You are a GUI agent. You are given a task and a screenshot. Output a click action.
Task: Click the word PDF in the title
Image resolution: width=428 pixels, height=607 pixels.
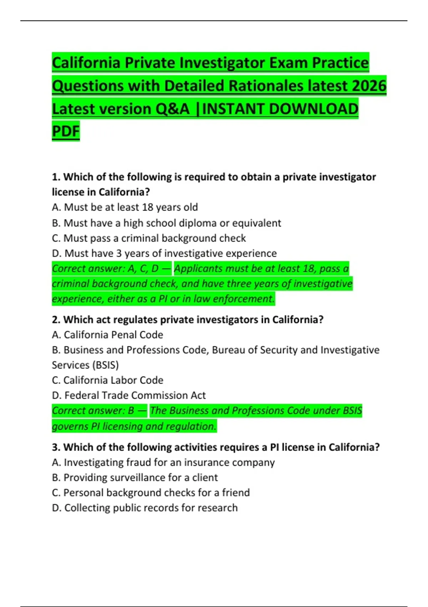[66, 131]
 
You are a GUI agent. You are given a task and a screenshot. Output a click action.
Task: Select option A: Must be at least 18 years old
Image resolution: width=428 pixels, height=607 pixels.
[125, 207]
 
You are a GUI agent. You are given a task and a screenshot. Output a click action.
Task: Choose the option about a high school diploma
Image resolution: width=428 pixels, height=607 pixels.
[166, 223]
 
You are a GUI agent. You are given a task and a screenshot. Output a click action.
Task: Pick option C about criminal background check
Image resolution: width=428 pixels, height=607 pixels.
[149, 238]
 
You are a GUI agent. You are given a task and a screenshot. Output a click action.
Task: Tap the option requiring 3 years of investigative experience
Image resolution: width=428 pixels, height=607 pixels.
[164, 254]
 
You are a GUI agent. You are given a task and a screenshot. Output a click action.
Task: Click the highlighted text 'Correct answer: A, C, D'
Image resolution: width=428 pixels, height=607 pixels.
[105, 269]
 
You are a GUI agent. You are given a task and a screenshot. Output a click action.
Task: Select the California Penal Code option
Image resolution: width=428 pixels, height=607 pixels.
[107, 335]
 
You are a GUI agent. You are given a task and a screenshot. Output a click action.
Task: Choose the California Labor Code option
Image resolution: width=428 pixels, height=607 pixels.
[107, 380]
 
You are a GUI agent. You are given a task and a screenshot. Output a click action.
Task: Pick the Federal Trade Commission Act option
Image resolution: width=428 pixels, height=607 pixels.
[129, 396]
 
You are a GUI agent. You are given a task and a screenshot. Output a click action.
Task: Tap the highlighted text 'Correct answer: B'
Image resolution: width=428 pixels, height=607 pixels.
[93, 411]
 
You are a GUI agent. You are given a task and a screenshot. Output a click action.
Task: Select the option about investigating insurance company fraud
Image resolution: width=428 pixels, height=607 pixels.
[163, 463]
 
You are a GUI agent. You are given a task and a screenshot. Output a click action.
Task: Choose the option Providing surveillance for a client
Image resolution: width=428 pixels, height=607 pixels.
[134, 478]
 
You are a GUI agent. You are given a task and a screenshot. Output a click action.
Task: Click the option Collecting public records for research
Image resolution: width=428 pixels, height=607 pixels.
[144, 508]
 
